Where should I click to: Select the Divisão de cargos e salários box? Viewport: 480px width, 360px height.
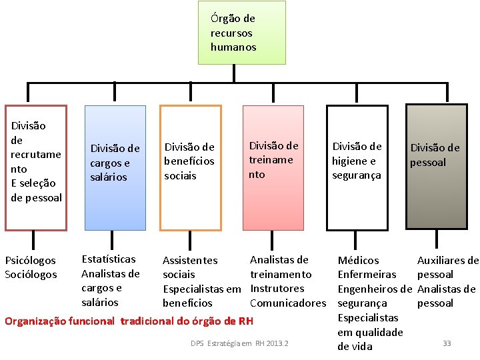[x=115, y=168]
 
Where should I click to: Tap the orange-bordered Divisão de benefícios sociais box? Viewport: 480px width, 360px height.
[x=190, y=168]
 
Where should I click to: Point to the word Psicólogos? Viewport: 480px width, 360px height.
[x=31, y=260]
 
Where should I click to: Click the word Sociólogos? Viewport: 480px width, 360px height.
[x=31, y=275]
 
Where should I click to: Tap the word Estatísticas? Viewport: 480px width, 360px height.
[x=108, y=259]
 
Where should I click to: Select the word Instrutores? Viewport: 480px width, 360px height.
[x=277, y=289]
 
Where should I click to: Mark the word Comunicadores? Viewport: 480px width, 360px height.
[x=288, y=303]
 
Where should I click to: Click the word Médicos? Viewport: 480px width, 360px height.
[x=358, y=260]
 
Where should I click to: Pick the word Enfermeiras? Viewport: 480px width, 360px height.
[x=367, y=275]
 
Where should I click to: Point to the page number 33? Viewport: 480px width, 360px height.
[x=447, y=343]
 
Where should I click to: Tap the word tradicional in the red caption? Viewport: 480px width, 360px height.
[x=151, y=321]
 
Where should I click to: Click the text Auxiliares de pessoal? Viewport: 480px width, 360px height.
[x=447, y=267]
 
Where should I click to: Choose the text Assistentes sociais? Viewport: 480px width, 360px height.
[x=190, y=267]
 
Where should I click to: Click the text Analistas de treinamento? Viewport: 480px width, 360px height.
[x=280, y=267]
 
